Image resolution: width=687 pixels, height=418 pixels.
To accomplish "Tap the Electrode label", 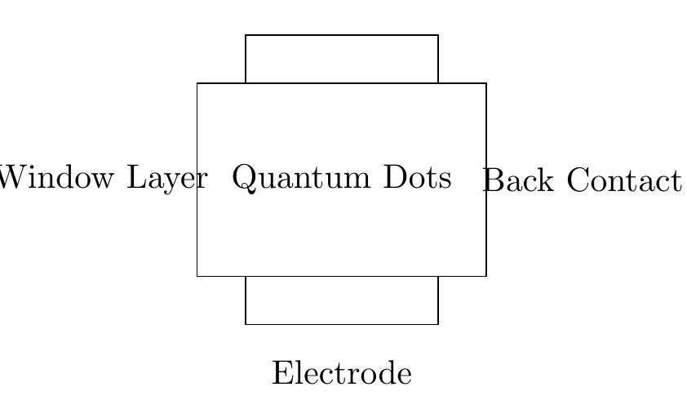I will (342, 374).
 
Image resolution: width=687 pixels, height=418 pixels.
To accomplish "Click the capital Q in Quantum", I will (244, 178).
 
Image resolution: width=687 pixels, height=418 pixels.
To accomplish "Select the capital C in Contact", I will (574, 180).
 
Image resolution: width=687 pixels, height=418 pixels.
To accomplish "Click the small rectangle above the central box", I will (342, 59).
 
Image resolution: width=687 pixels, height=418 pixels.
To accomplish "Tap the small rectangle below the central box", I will (342, 300).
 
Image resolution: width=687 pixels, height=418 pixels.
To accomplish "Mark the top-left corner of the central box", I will (197, 83).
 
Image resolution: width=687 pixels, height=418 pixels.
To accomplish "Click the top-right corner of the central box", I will (486, 83).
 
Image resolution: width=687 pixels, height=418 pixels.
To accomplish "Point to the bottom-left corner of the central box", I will (197, 276).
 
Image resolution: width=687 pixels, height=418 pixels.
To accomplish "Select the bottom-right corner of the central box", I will (486, 276).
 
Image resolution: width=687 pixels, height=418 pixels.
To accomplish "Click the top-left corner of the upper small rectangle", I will (246, 35).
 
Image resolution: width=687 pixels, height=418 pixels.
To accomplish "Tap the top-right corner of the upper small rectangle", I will (438, 35).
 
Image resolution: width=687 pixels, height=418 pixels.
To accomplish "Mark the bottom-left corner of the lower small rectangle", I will (246, 324).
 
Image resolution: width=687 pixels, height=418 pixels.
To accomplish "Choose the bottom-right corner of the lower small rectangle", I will (438, 324).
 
